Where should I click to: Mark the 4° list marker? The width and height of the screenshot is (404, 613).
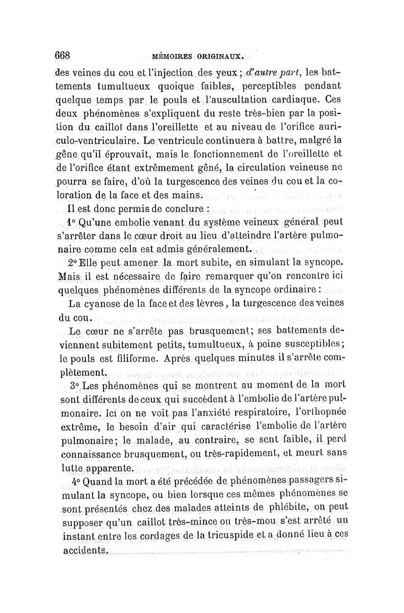[77, 481]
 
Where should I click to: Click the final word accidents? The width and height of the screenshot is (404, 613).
[86, 549]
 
